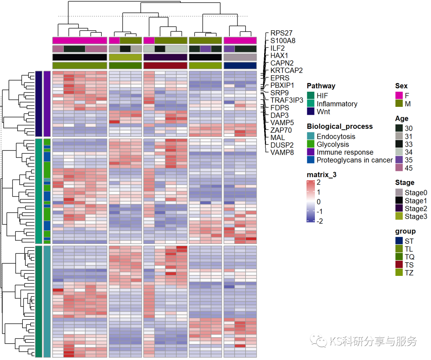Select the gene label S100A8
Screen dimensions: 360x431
tap(283, 41)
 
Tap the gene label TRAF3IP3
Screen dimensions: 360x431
tap(287, 100)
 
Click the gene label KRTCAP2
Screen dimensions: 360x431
tap(286, 71)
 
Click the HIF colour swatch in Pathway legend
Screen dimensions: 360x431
tap(311, 96)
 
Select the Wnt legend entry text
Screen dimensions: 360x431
tap(323, 112)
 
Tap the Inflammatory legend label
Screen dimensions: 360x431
tap(337, 104)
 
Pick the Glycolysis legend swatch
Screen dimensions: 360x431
tap(311, 144)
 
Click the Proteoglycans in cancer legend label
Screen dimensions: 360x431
tap(354, 160)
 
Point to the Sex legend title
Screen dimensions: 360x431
tap(401, 86)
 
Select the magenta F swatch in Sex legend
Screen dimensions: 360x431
tap(399, 96)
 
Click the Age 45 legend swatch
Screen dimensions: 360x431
tap(399, 168)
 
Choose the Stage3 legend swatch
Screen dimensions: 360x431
tap(399, 216)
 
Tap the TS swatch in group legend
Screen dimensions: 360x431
tap(399, 265)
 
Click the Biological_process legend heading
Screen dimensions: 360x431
tap(340, 126)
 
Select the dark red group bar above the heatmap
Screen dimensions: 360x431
tap(165, 65)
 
